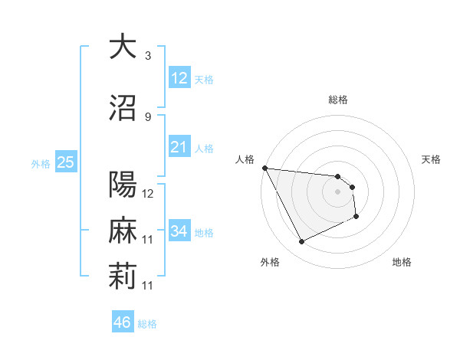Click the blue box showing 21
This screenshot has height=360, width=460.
(179, 146)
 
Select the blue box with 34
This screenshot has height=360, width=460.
(179, 231)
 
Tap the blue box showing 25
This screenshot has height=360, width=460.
(65, 162)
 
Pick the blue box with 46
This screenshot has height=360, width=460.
(122, 322)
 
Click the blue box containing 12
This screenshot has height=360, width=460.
(179, 77)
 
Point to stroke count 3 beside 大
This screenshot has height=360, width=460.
(148, 56)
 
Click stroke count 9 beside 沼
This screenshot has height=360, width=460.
(148, 117)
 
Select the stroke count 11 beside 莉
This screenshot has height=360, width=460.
(148, 286)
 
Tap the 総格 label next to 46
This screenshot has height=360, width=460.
(147, 324)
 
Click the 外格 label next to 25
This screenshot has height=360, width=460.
(41, 163)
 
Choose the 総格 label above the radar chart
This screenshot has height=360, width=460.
(338, 100)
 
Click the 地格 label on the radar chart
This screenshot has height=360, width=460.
(402, 262)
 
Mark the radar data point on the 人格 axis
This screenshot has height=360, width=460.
(264, 168)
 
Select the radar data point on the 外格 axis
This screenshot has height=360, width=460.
(301, 242)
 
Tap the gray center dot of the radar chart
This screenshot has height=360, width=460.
(338, 191)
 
